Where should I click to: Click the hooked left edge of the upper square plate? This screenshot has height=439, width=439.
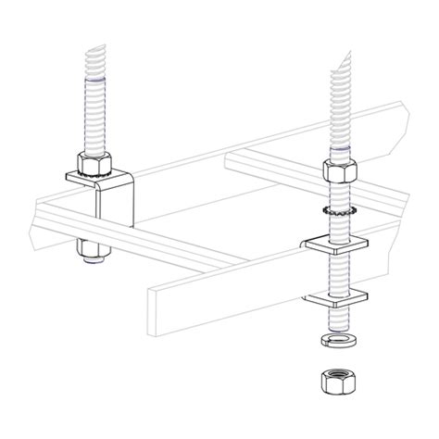305,245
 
